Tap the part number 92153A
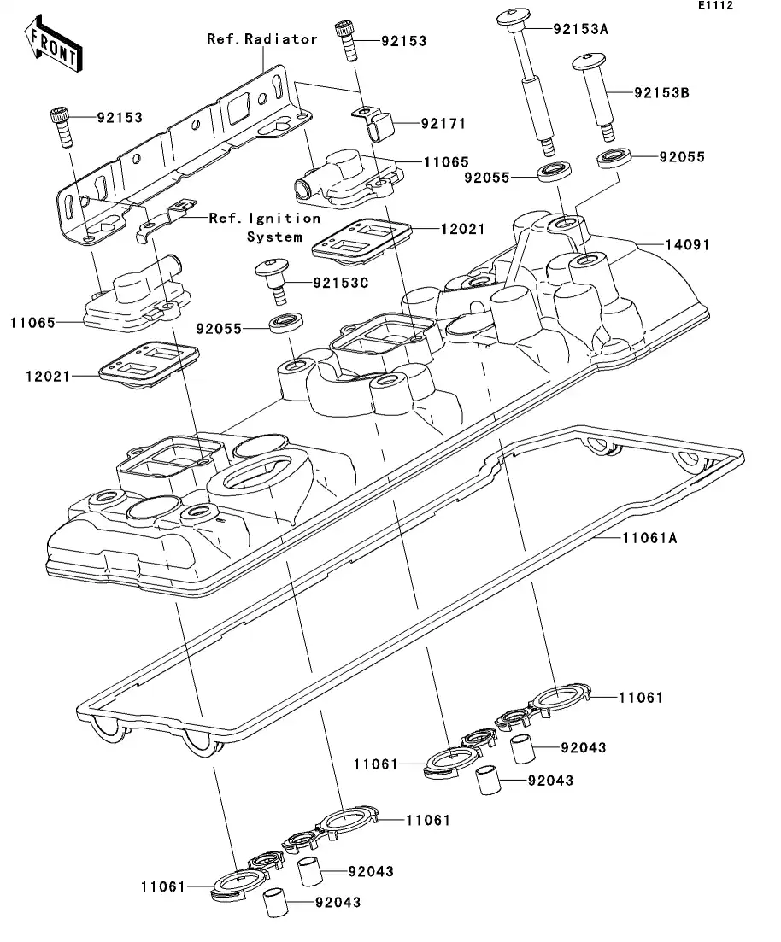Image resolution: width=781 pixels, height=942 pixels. (580, 28)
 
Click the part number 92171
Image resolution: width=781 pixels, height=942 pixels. (443, 124)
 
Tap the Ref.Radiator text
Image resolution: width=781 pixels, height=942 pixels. (262, 39)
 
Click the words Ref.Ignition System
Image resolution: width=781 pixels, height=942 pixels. (265, 227)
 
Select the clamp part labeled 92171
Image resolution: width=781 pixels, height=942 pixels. (377, 125)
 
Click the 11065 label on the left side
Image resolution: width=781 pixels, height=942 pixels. (32, 324)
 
